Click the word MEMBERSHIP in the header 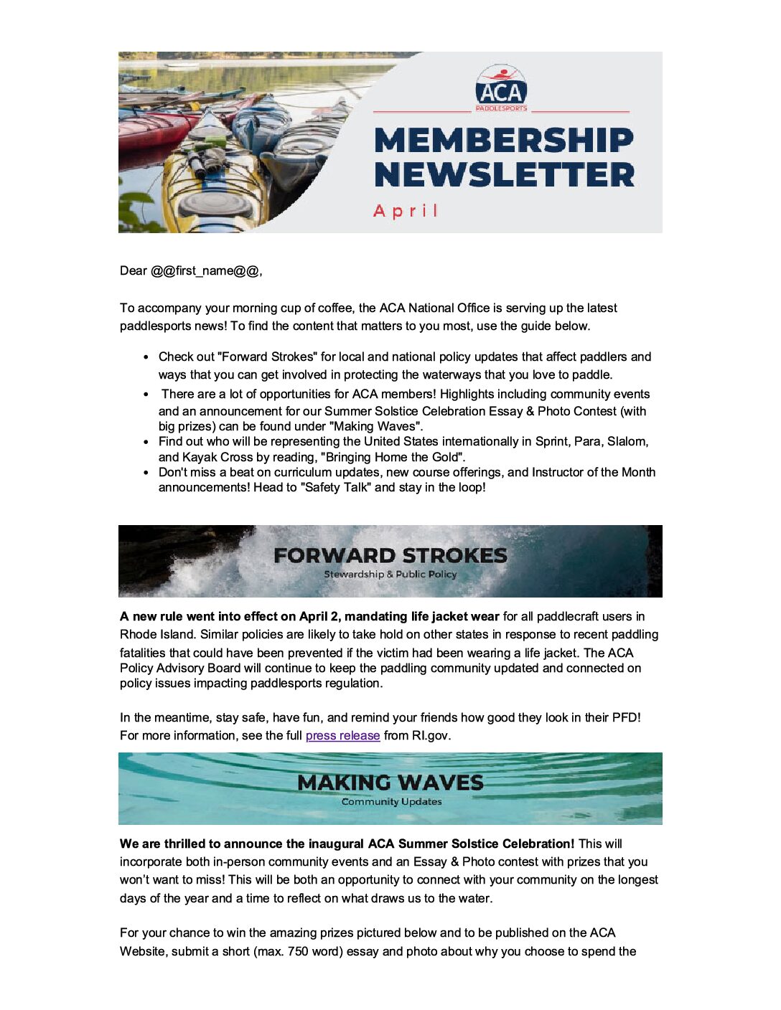coord(504,140)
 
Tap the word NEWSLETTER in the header coord(504,175)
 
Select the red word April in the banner coord(406,211)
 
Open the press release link coord(342,736)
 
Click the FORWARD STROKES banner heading coord(390,555)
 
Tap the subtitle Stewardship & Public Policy coord(390,575)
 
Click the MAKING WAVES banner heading coord(390,783)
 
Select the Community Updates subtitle coord(391,802)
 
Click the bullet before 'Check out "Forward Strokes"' coord(146,357)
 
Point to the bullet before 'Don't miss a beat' coord(146,473)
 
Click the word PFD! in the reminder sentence coord(626,718)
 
